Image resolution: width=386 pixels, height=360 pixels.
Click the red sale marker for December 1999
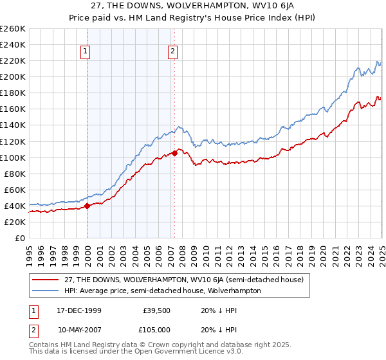click(x=87, y=206)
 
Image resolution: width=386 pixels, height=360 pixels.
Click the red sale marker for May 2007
click(x=174, y=154)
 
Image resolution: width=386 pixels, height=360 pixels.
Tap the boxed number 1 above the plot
click(x=86, y=53)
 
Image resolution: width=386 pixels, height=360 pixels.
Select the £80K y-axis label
click(x=15, y=174)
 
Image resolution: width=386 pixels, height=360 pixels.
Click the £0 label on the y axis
click(x=21, y=238)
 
